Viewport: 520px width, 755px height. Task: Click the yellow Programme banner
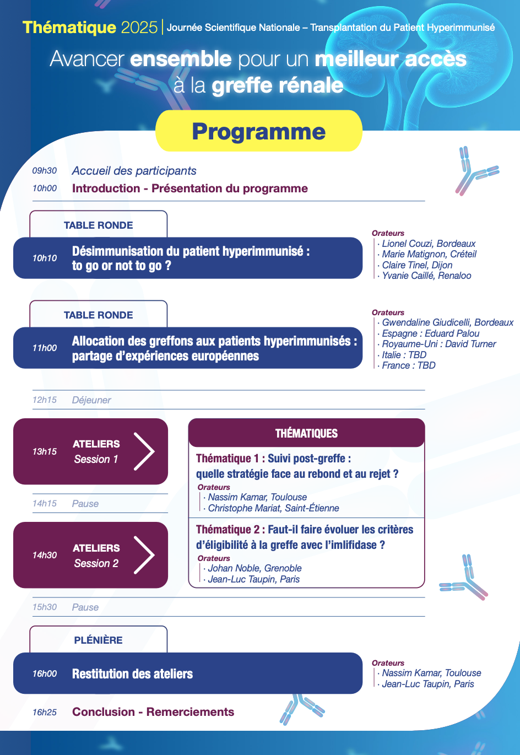[x=259, y=131]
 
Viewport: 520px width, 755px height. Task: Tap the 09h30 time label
[x=45, y=170]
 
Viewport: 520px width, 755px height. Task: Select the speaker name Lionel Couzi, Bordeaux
[x=429, y=244]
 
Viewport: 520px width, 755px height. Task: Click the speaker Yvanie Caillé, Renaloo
[x=426, y=276]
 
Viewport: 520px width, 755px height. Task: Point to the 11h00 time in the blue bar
[x=45, y=348]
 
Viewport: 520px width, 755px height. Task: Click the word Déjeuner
[x=91, y=400]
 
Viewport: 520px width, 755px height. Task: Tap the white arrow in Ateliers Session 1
[x=144, y=451]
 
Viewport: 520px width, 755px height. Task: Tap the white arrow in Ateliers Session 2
[x=144, y=555]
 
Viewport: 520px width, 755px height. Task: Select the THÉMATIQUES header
[x=306, y=433]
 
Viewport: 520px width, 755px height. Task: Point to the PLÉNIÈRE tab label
[x=98, y=640]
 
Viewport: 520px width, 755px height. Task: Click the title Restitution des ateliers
[x=132, y=673]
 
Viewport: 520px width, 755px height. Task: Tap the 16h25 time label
[x=45, y=712]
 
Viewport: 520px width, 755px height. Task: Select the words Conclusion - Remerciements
[x=153, y=711]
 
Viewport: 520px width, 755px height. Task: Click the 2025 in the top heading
[x=139, y=28]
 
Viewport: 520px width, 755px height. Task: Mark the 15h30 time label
[x=45, y=607]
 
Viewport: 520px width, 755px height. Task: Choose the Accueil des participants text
[x=134, y=171]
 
